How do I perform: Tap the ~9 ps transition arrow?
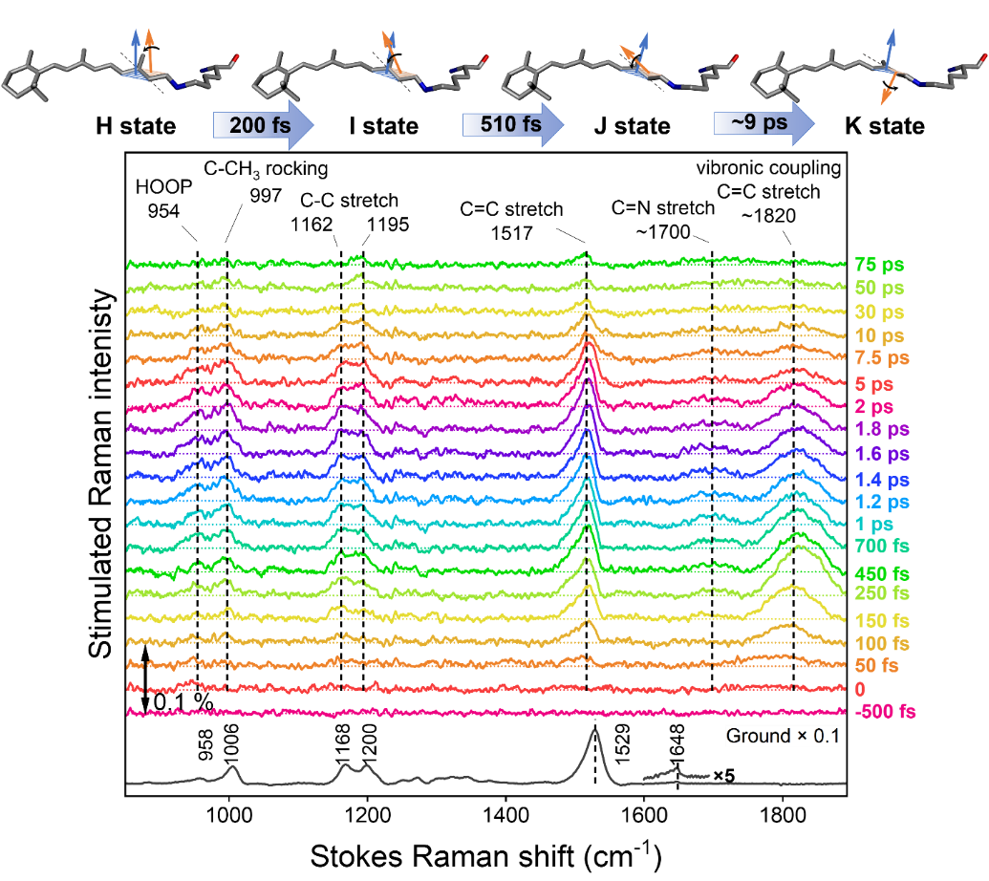click(763, 125)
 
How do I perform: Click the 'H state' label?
click(135, 126)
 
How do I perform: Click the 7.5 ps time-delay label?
click(881, 358)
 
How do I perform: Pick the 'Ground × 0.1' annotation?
click(780, 736)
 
